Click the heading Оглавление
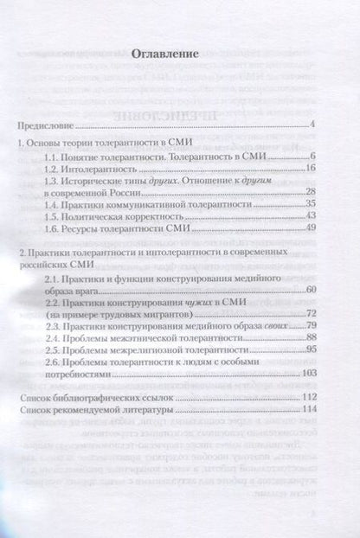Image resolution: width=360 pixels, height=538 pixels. tap(176, 54)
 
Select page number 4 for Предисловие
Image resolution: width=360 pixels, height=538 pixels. tap(310, 127)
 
